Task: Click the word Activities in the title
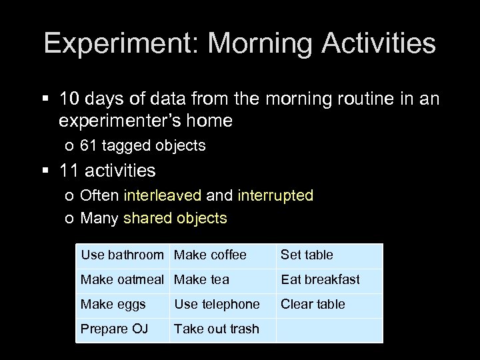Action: pyautogui.click(x=379, y=44)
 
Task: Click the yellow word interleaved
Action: pyautogui.click(x=162, y=195)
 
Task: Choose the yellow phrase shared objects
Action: pyautogui.click(x=175, y=218)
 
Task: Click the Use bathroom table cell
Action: pyautogui.click(x=122, y=255)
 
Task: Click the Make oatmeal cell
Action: pyautogui.click(x=122, y=279)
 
